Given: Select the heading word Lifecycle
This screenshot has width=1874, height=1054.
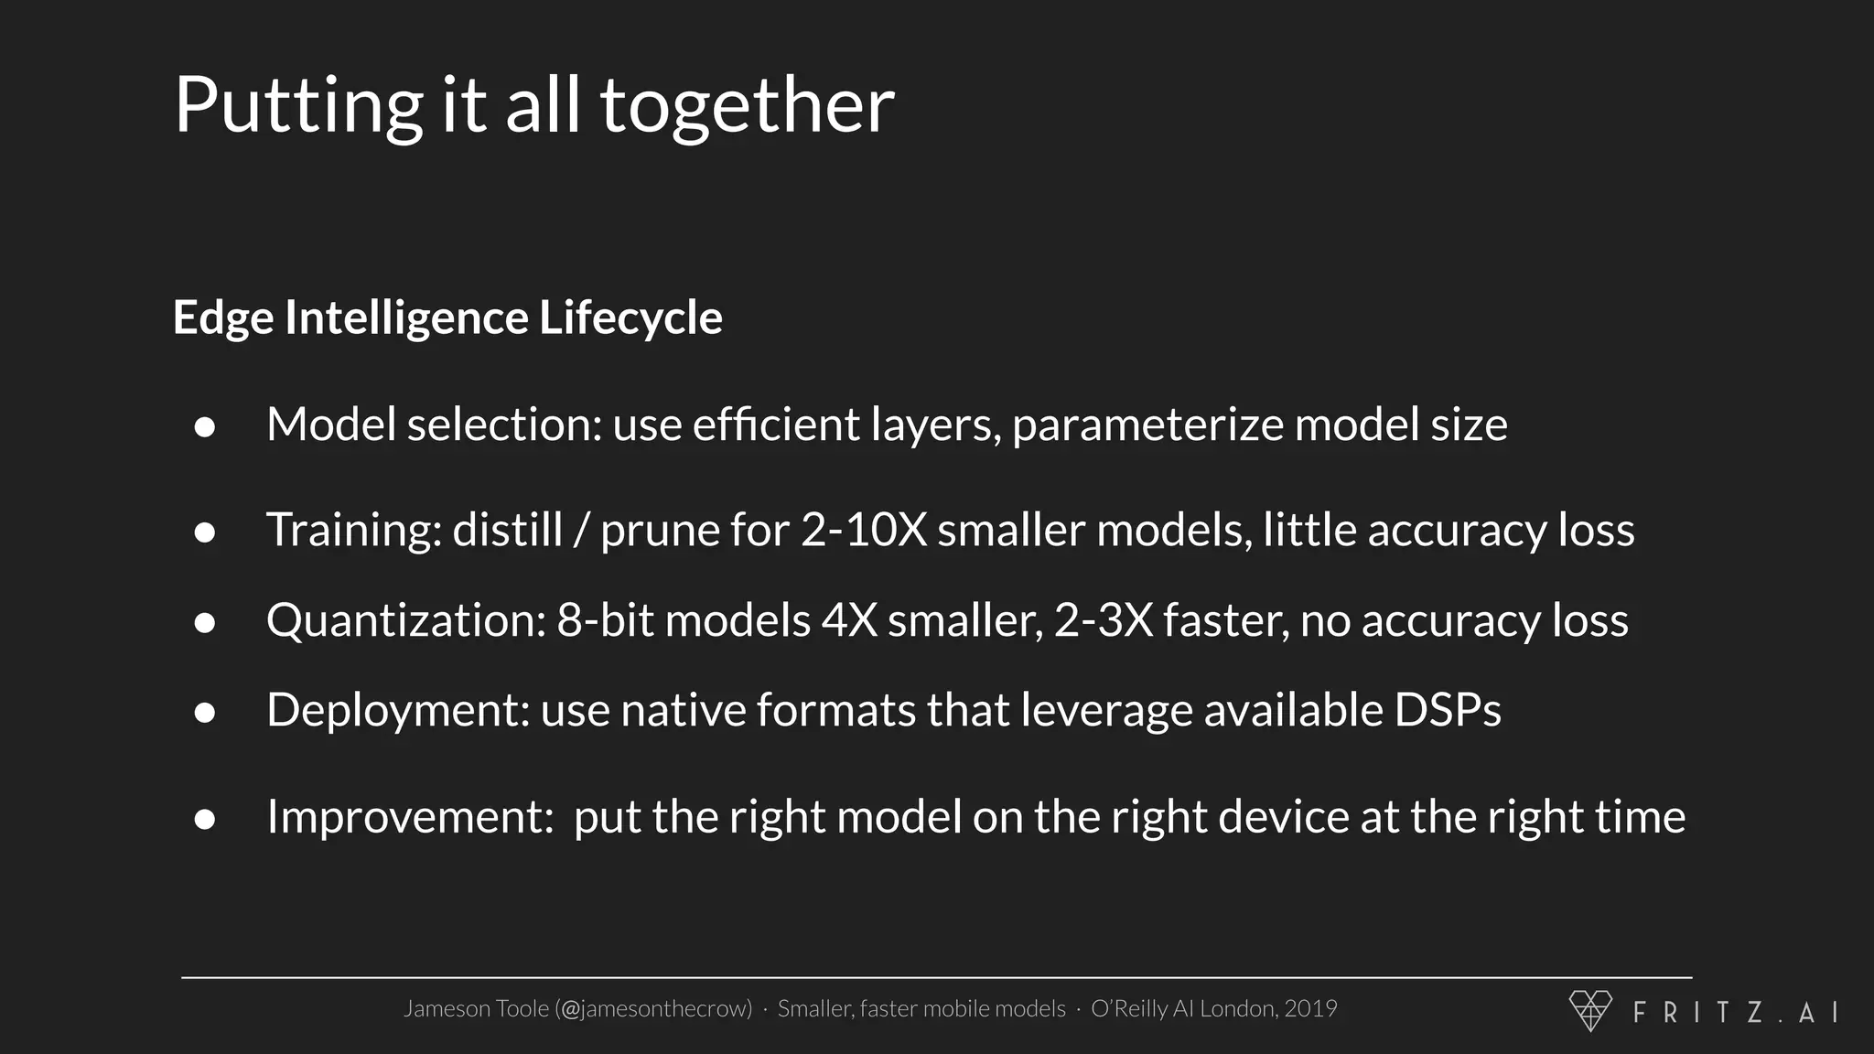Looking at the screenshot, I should point(630,317).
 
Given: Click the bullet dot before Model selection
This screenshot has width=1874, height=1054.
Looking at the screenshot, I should point(205,427).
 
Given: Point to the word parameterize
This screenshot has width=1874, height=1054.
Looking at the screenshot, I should point(1148,425).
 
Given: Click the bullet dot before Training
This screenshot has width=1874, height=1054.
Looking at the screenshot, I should point(205,532).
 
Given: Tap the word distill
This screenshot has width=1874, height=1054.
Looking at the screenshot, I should point(507,530).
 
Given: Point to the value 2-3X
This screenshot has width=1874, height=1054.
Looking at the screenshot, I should point(1104,620).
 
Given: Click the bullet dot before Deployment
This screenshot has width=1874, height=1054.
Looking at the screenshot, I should point(205,713).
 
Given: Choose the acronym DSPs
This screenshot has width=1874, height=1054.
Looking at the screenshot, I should point(1448,710).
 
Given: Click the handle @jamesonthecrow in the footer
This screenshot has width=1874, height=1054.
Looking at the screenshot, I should point(653,1009).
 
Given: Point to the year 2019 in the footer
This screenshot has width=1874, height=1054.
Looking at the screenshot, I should point(1310,1008).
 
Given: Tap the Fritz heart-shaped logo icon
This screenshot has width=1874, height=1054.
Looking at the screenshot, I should point(1590,1010).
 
